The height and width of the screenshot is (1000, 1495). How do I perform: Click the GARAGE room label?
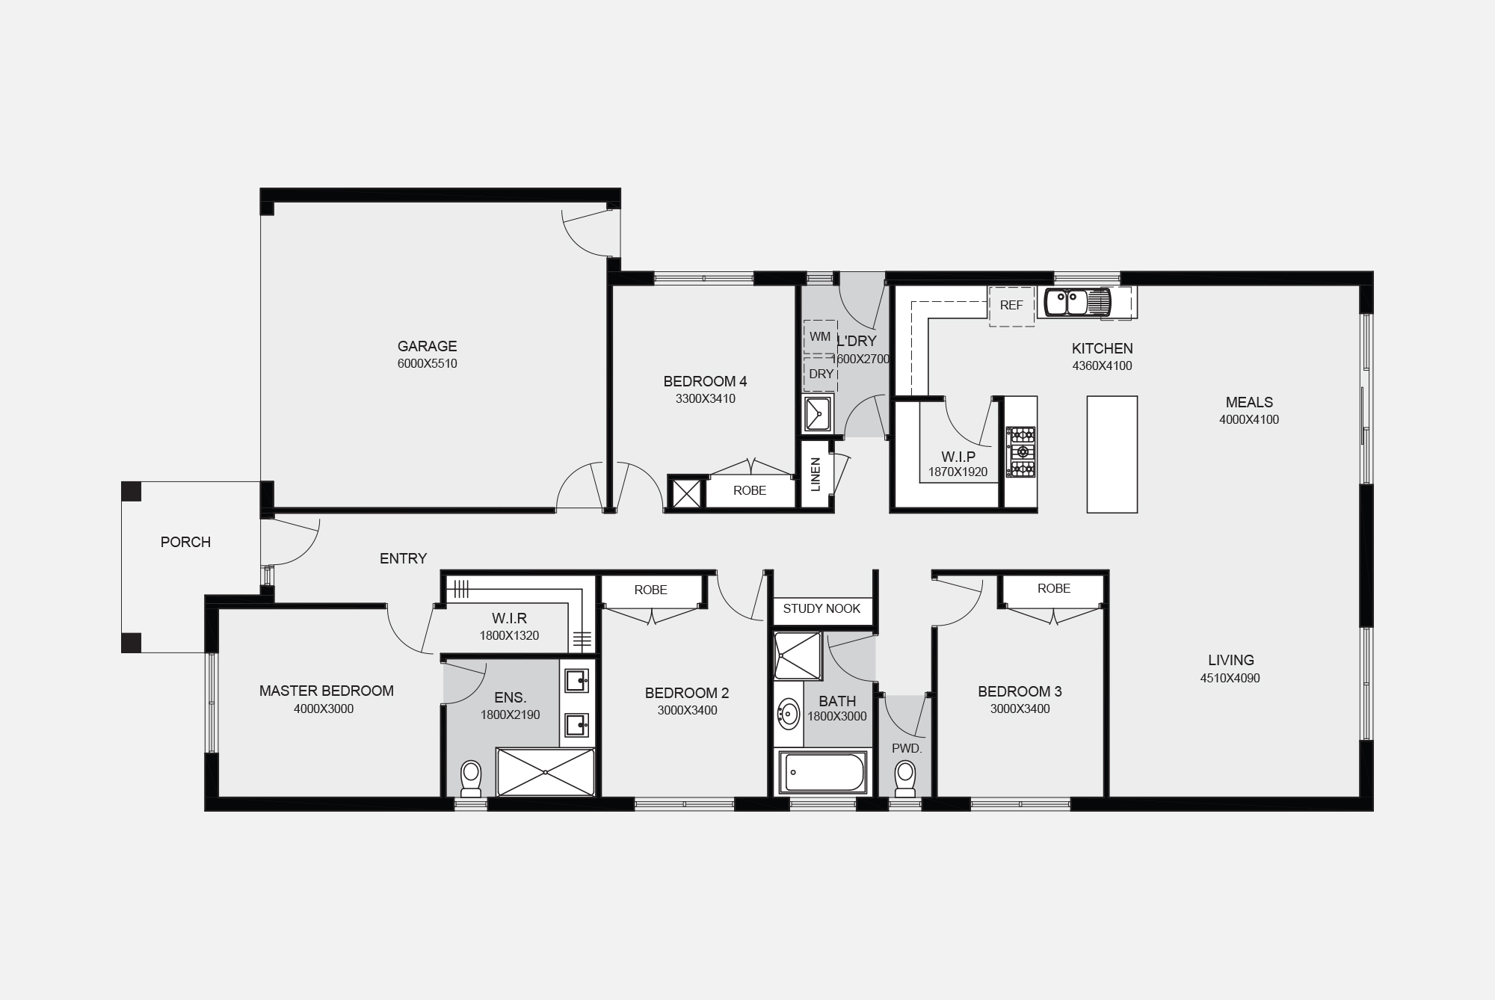(x=427, y=346)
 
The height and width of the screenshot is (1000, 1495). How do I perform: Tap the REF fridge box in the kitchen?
(x=1011, y=306)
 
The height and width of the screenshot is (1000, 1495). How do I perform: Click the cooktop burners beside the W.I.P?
(x=1021, y=451)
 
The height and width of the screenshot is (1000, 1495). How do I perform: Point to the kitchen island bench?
(x=1112, y=454)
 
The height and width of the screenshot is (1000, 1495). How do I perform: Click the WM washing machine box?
(x=820, y=337)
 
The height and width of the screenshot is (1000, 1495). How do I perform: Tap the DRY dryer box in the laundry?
(x=821, y=374)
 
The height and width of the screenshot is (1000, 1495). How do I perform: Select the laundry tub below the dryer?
(x=818, y=414)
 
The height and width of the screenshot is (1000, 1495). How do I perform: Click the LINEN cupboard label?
(x=816, y=475)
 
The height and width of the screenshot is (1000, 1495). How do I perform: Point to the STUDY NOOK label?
(x=822, y=608)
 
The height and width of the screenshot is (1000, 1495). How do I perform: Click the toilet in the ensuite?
(x=471, y=779)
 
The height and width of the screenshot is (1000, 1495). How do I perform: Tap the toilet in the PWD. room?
(x=905, y=779)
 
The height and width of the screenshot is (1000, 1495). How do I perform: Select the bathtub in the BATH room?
(x=822, y=772)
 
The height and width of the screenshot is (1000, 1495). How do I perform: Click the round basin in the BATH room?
(x=788, y=714)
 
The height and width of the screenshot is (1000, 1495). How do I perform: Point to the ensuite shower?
(x=546, y=771)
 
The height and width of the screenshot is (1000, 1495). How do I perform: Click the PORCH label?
(x=185, y=542)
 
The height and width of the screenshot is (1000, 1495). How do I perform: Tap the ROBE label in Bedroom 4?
(x=750, y=490)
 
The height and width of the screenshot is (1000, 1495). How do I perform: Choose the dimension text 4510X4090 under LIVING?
(x=1230, y=679)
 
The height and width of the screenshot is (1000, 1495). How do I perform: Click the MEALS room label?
(x=1249, y=402)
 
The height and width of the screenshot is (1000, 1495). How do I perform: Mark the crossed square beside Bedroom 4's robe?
(x=687, y=493)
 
